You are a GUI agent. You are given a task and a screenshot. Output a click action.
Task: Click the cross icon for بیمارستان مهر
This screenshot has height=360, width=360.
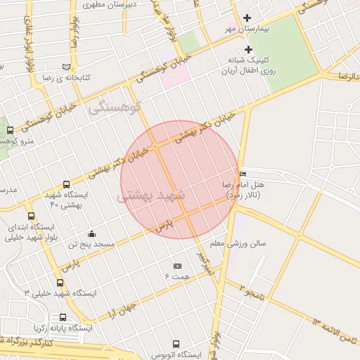click(x=247, y=18)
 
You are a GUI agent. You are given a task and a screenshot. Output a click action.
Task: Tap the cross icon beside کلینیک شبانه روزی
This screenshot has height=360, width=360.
click(x=248, y=49)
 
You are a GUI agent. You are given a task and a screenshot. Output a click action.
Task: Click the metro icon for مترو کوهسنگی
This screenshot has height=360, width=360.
click(x=10, y=130)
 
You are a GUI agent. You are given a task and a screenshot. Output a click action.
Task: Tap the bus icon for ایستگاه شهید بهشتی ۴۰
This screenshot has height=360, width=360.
click(x=67, y=184)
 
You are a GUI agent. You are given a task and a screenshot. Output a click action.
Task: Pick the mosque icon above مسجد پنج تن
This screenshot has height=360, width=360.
click(x=91, y=233)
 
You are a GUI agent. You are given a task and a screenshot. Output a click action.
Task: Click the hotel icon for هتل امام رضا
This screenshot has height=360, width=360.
click(x=243, y=174)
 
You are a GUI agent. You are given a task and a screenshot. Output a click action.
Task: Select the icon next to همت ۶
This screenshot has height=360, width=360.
click(x=177, y=266)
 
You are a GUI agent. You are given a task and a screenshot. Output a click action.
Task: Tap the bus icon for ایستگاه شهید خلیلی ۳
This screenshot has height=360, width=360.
click(x=31, y=281)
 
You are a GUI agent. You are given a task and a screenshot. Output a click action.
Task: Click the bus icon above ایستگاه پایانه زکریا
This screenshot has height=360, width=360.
click(x=63, y=317)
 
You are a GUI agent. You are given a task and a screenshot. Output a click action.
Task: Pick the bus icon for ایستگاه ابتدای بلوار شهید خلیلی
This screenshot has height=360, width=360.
click(x=31, y=217)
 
